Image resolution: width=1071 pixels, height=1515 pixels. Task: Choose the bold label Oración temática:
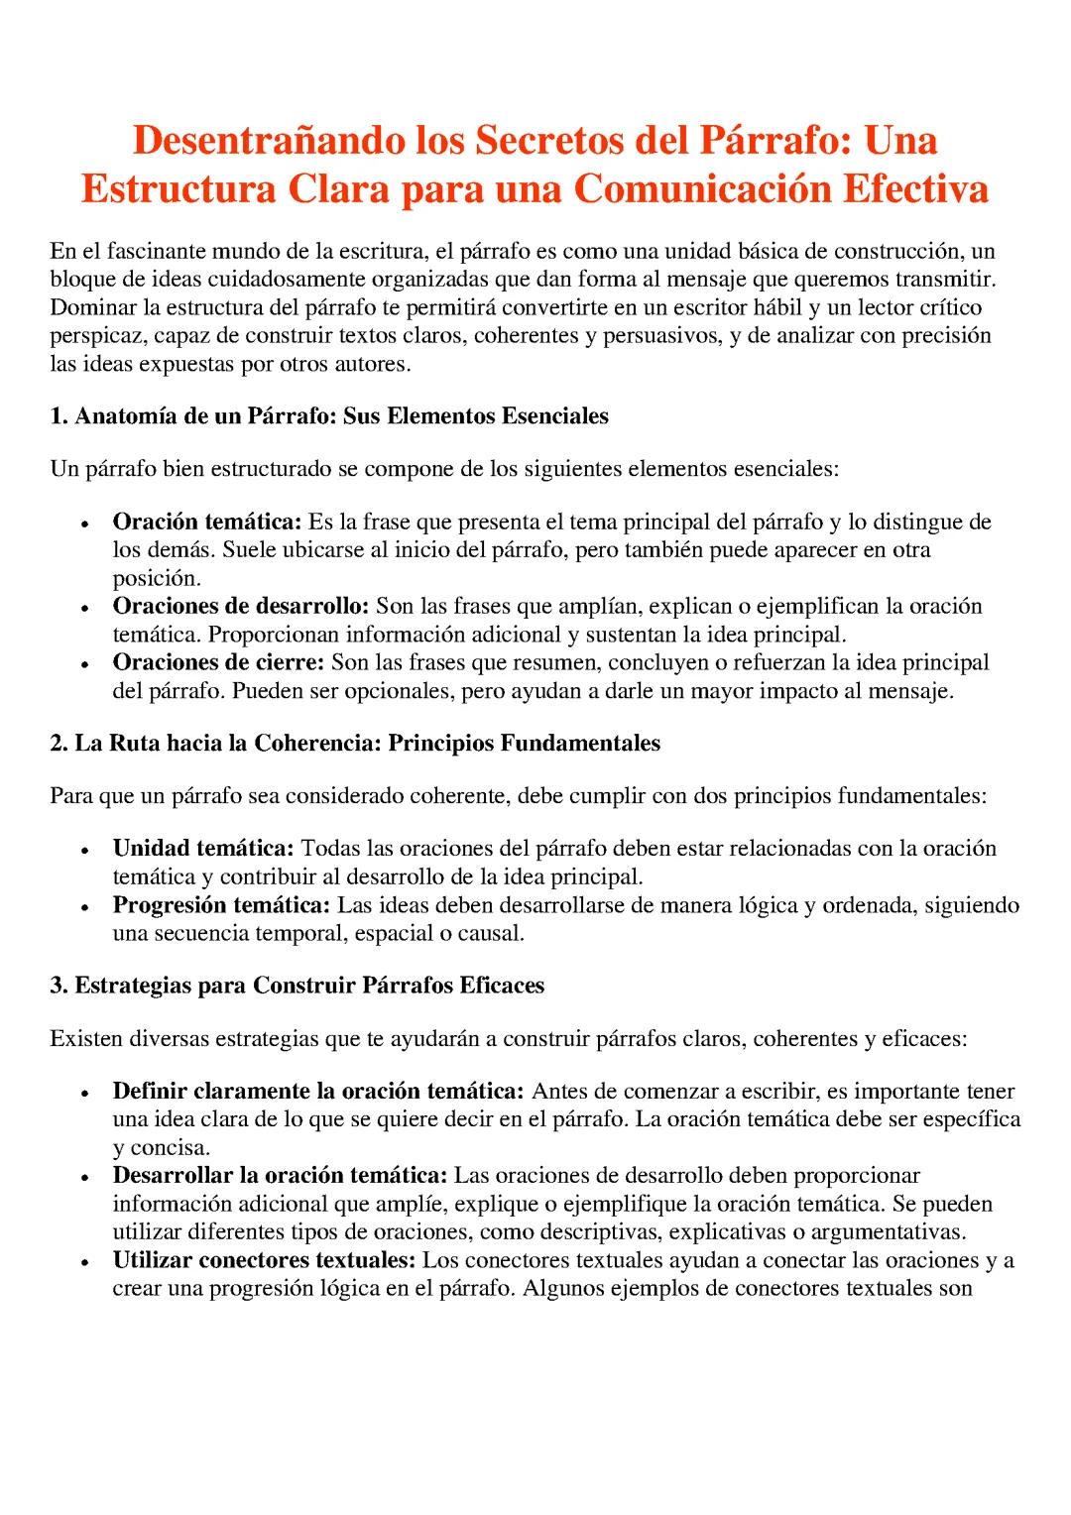[206, 522]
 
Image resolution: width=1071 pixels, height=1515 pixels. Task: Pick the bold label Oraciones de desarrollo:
[241, 606]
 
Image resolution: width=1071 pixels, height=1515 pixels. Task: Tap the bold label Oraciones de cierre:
[218, 662]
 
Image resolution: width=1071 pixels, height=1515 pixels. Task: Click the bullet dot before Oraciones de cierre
[87, 664]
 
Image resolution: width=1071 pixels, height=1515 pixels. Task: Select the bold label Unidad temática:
[203, 849]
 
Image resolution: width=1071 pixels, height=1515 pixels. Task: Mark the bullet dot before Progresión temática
[87, 907]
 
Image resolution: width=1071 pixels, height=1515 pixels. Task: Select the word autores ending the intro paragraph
[372, 364]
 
